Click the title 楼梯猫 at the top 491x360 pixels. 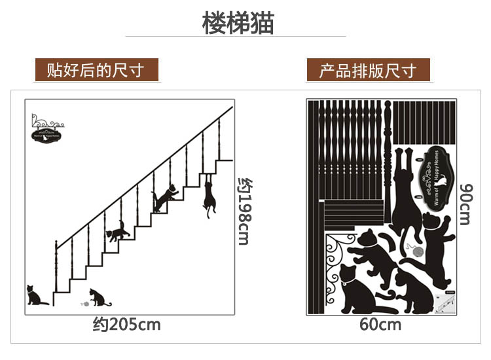click(238, 23)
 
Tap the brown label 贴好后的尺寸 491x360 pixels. click(96, 69)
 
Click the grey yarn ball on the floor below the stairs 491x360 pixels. click(83, 304)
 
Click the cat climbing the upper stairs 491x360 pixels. click(166, 196)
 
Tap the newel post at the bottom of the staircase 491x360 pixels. click(57, 275)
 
